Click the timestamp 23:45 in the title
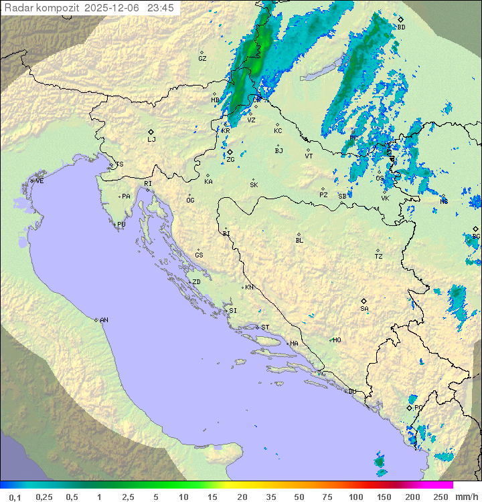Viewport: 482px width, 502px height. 160,8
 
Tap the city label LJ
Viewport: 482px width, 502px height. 151,140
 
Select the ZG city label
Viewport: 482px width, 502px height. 230,160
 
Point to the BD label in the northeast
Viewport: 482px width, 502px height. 401,27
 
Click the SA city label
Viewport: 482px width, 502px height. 364,308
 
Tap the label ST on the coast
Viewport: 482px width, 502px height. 265,328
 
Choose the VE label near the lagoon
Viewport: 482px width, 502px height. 39,181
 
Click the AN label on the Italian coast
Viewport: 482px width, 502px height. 104,320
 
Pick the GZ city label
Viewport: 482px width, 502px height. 202,59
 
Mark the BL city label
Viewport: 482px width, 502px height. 299,241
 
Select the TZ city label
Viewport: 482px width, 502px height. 379,257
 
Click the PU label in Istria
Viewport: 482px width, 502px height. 121,225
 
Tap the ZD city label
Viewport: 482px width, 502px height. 196,282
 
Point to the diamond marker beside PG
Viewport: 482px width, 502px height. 409,407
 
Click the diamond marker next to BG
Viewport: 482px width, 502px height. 475,229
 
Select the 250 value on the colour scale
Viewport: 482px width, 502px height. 440,497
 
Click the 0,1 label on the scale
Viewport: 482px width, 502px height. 15,497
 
